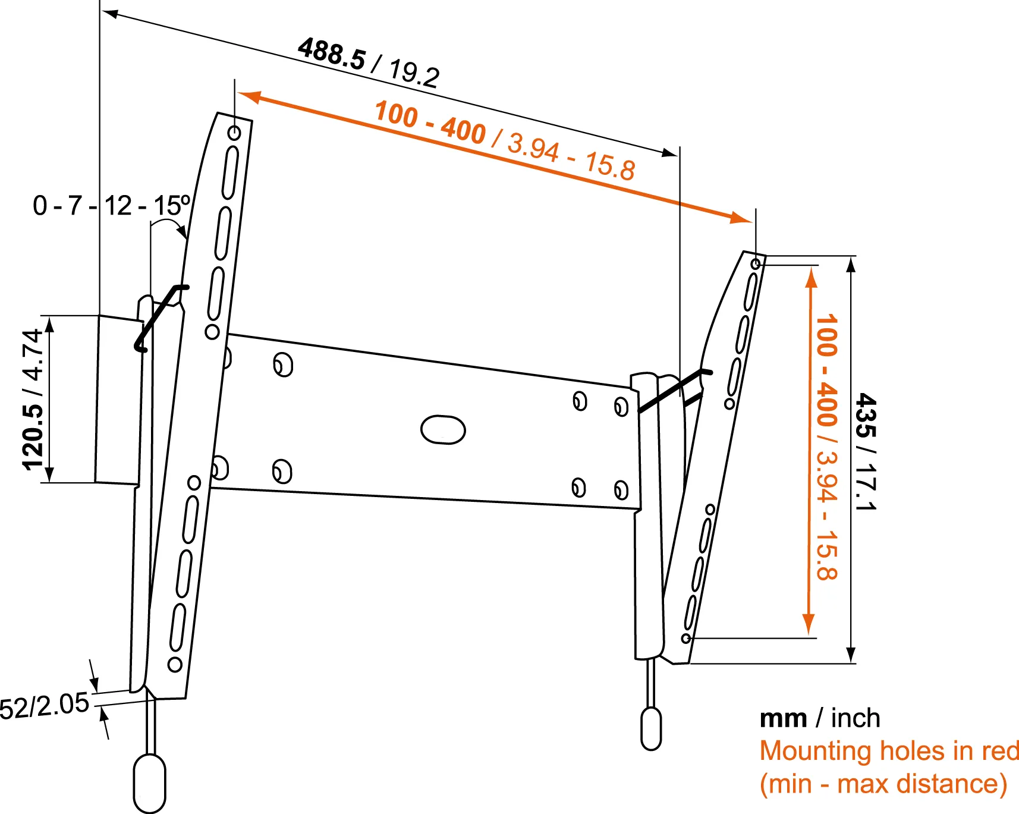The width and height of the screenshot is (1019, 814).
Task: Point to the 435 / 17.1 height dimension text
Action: [x=865, y=452]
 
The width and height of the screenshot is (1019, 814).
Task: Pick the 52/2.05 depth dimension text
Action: [x=44, y=706]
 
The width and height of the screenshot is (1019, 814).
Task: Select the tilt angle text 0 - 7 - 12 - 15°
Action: [x=111, y=206]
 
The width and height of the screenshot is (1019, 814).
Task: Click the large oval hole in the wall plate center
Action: [x=443, y=430]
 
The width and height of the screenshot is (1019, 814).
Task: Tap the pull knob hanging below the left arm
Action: [x=149, y=782]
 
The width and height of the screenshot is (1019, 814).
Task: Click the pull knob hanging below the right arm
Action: [x=651, y=728]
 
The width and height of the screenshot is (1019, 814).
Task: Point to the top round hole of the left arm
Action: [x=234, y=133]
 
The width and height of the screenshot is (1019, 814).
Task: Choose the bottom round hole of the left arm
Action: [x=175, y=664]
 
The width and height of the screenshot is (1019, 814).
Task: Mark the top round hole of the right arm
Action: [x=756, y=263]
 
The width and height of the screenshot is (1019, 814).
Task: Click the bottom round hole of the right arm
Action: [x=686, y=639]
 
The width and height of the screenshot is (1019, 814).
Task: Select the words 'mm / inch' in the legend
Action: [x=819, y=718]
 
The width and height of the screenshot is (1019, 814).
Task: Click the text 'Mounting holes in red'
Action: [x=889, y=750]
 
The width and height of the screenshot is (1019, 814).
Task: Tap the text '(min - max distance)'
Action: [x=883, y=784]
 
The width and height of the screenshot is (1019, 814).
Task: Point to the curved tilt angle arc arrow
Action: [x=169, y=224]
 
